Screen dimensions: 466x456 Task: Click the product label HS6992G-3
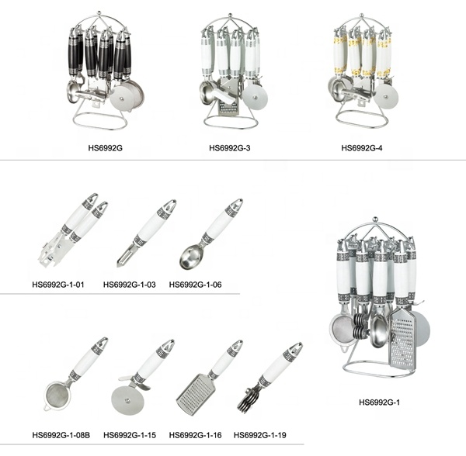[x=229, y=148]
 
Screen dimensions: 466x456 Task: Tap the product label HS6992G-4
[x=361, y=148]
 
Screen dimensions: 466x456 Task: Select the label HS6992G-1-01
[x=58, y=285]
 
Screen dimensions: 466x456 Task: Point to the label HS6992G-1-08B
[x=61, y=435]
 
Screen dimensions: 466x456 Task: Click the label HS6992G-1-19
[x=259, y=435]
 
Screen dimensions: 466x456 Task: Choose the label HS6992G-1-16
[x=195, y=435]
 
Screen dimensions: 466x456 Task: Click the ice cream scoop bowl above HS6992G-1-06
[x=191, y=259]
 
